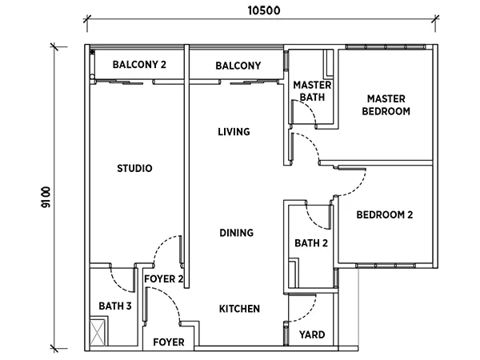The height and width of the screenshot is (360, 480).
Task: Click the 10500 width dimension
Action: point(263,10)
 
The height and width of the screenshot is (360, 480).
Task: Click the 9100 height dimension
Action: point(46,197)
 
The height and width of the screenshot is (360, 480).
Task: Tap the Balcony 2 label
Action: point(139,65)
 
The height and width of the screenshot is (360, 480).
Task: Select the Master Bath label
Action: point(312,91)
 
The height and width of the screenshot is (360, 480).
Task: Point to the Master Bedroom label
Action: point(386,105)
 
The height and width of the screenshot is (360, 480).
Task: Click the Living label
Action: point(234,132)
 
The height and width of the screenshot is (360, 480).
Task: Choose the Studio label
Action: point(134,168)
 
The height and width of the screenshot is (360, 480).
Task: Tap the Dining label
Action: point(236,233)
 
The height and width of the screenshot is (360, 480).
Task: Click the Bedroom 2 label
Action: point(385,215)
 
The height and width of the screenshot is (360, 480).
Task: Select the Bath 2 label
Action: point(311,243)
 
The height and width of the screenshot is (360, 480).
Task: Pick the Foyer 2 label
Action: point(164,279)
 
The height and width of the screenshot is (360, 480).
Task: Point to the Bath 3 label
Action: point(115,306)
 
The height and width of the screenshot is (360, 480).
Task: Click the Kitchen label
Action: point(239,309)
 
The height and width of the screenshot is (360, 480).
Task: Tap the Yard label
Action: point(312,334)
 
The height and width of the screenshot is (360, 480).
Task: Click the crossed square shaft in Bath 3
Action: point(98,333)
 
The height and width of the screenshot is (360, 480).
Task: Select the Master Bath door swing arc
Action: point(310,107)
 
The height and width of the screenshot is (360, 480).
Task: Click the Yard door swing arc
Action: point(310,315)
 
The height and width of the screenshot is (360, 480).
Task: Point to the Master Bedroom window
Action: point(386,47)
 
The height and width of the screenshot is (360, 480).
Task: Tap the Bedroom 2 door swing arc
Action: point(358,188)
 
